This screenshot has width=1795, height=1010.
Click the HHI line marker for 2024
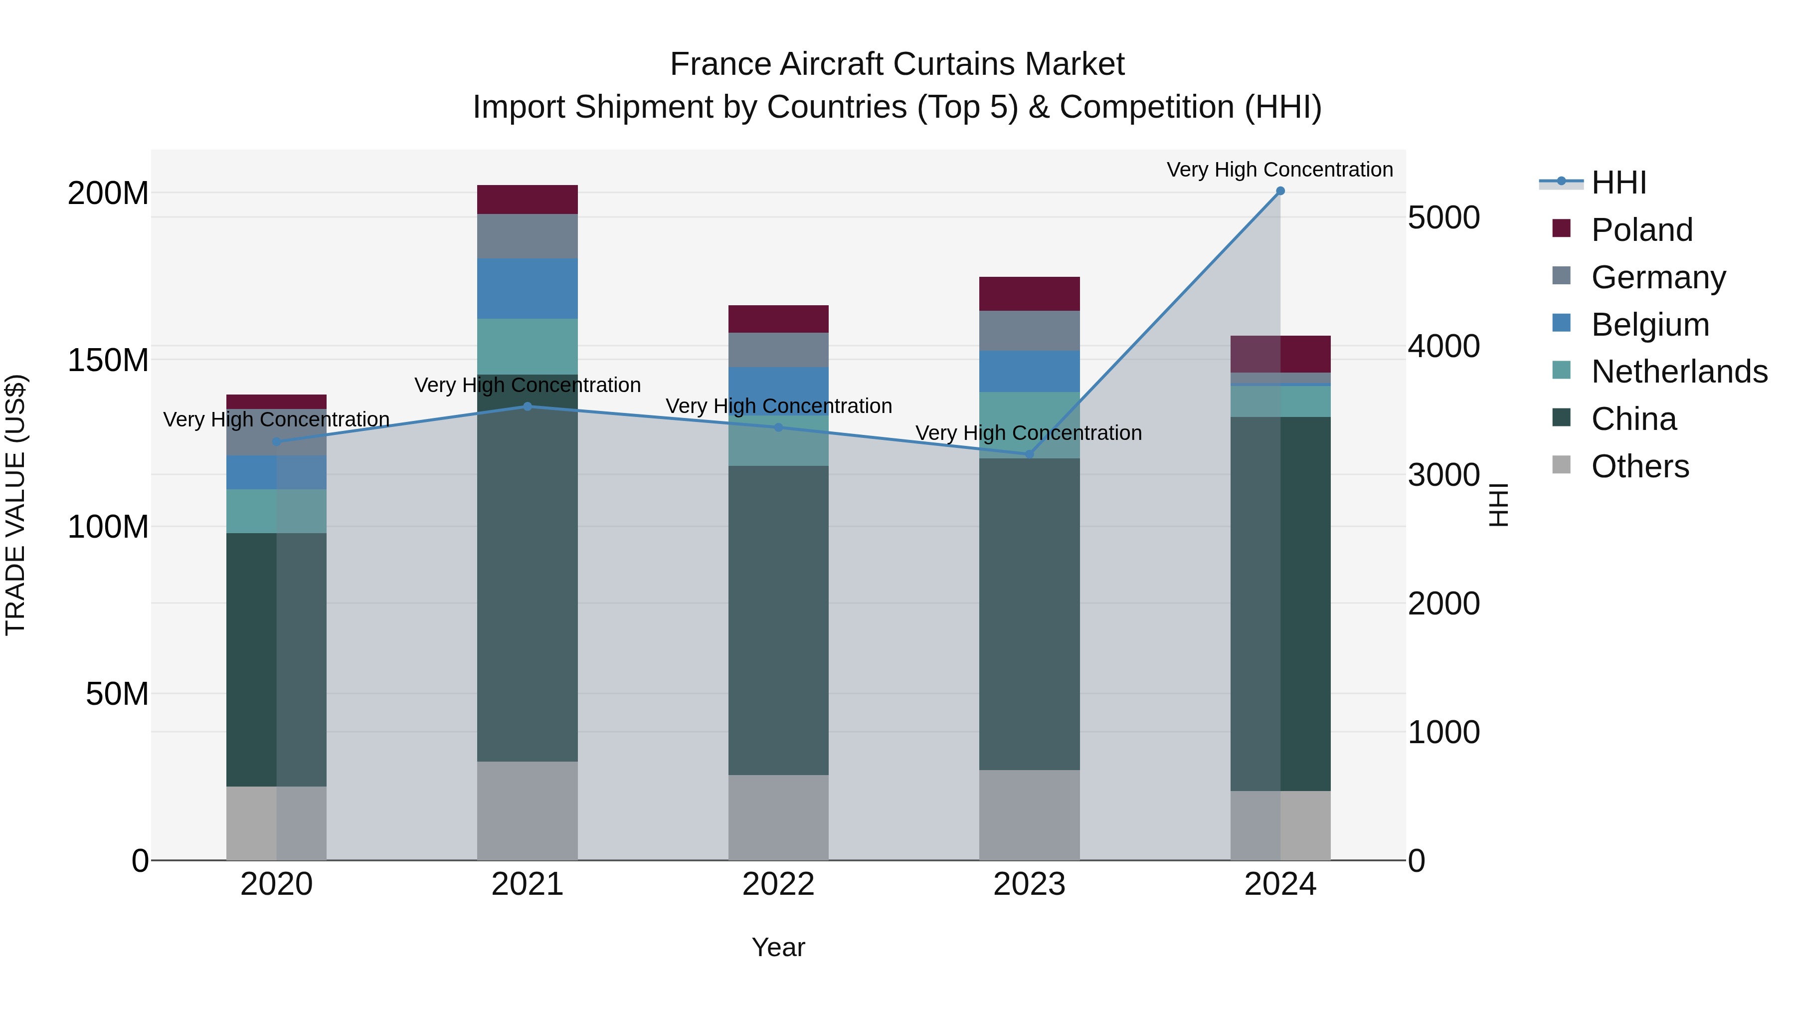click(1280, 191)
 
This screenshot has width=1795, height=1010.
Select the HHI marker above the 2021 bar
click(528, 406)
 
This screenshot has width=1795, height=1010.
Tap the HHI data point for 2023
click(1029, 454)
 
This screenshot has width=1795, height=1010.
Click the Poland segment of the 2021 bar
click(528, 200)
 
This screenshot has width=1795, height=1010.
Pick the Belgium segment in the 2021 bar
click(528, 289)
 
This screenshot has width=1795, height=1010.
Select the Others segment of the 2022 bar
click(778, 817)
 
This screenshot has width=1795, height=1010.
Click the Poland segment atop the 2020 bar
click(277, 402)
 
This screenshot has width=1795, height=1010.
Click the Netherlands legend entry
click(1679, 372)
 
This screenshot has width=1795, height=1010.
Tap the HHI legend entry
click(1618, 183)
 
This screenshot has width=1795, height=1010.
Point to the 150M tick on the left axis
click(108, 361)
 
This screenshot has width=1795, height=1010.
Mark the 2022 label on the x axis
click(778, 884)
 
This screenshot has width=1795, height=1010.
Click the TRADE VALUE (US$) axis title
click(15, 505)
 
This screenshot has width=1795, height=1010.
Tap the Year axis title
click(778, 947)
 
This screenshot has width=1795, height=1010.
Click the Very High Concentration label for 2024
click(1279, 170)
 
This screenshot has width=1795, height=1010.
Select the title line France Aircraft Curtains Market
click(897, 64)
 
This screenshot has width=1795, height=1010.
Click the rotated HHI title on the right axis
click(1498, 505)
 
